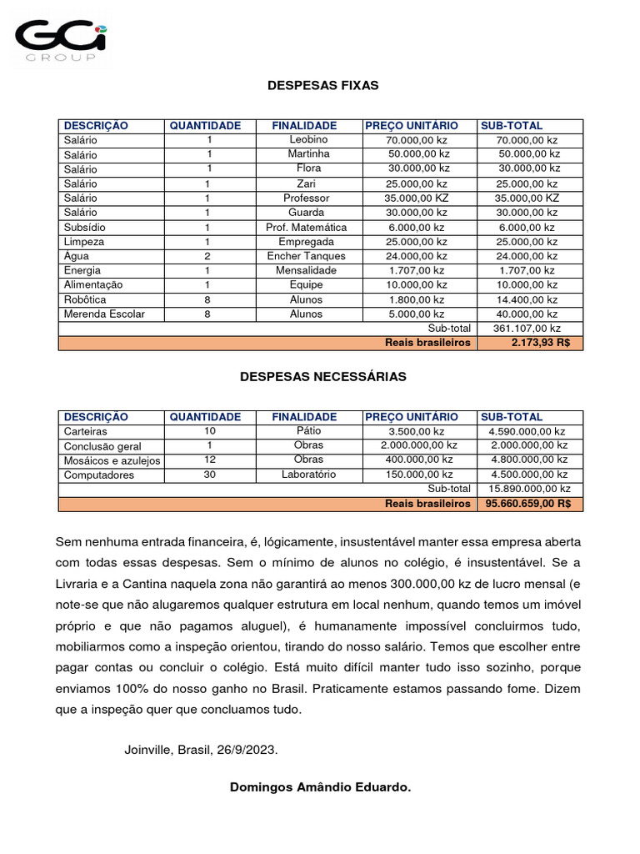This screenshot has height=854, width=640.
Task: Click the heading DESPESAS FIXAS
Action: tap(322, 85)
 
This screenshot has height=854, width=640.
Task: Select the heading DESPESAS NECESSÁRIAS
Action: tap(322, 376)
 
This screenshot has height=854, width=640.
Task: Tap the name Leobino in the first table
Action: tap(308, 140)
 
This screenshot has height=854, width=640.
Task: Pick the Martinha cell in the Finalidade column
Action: tap(308, 154)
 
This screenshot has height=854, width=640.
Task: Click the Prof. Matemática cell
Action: tap(307, 227)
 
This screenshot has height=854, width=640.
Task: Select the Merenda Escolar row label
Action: tap(104, 314)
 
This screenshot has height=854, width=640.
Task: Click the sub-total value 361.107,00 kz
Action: tap(527, 329)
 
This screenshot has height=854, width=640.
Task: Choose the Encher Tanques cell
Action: tap(307, 256)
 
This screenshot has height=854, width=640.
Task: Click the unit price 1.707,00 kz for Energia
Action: tap(416, 270)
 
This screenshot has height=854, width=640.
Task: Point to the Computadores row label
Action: tap(97, 475)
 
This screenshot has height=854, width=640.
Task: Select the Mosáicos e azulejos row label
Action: tap(112, 460)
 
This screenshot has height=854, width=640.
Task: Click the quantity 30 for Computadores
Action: tap(209, 475)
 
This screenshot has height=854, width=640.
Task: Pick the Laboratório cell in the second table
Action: tap(308, 475)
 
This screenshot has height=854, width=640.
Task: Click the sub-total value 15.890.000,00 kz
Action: tap(529, 489)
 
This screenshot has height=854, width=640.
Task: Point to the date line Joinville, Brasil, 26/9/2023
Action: tap(201, 750)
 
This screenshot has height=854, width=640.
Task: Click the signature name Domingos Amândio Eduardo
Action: tap(320, 787)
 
